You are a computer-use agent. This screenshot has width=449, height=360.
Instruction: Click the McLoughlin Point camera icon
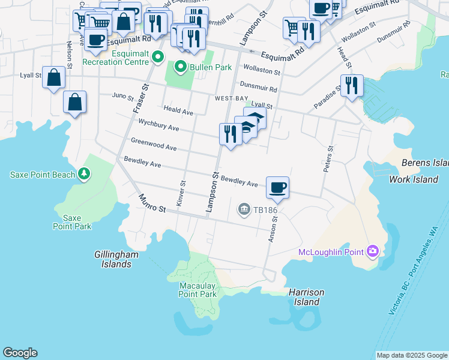[x=373, y=251]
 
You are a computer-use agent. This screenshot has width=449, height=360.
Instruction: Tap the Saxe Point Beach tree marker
[x=85, y=174]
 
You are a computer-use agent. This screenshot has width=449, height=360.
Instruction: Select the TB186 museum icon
[x=244, y=209]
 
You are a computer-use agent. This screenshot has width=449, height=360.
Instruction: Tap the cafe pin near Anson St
[x=277, y=188]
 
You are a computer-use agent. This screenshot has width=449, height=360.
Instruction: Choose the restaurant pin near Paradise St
[x=352, y=85]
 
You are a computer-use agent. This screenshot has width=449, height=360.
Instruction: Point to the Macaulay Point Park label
[x=197, y=290]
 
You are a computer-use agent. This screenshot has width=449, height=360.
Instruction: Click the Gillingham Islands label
[x=116, y=259]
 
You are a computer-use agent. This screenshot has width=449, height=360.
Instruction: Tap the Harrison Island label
[x=306, y=297]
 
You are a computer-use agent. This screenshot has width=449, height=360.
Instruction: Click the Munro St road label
[x=152, y=203]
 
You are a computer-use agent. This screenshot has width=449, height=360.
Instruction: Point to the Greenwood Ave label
[x=154, y=144]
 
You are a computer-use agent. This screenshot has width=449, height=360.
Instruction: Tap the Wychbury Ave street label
[x=159, y=127]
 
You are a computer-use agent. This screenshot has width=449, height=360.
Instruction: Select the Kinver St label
[x=181, y=194]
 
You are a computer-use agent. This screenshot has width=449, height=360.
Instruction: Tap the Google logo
[x=20, y=353]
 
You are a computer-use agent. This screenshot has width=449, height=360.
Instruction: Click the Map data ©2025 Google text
[x=411, y=355]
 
